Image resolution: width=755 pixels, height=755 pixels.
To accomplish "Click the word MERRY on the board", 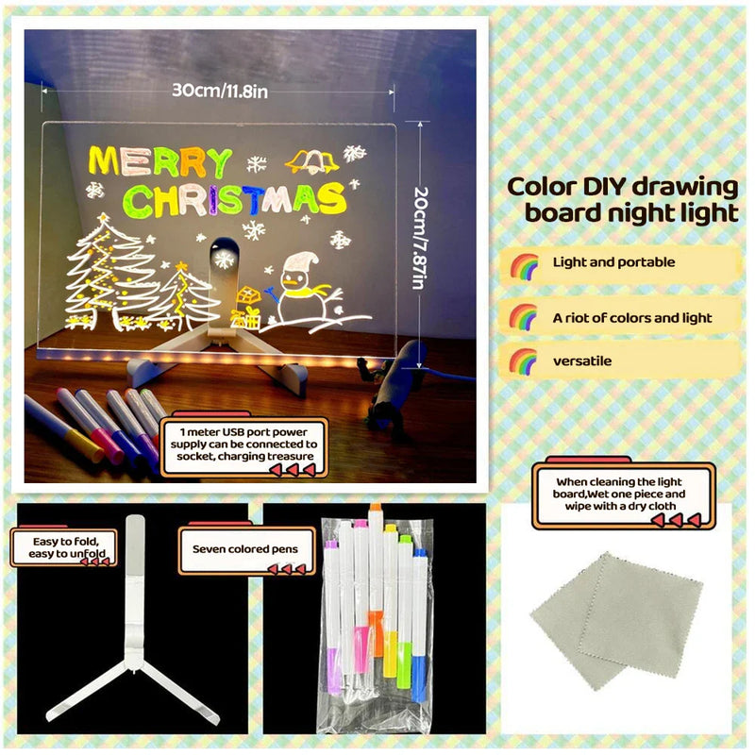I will tap(159, 161).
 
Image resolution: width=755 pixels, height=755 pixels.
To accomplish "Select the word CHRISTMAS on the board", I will tap(235, 199).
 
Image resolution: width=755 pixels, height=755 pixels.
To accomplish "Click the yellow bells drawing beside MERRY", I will tap(312, 161).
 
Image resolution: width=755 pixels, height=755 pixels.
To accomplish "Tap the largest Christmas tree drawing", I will tap(109, 274).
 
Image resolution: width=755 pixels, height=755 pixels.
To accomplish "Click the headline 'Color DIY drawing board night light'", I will tap(623, 199).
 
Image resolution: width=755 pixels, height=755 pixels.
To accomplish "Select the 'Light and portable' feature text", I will tap(613, 262).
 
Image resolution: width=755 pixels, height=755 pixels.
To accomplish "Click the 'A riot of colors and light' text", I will tap(632, 318).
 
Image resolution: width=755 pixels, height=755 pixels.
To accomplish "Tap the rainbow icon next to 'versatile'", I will tap(524, 361).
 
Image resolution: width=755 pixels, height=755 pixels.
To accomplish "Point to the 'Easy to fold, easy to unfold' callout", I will tap(63, 547).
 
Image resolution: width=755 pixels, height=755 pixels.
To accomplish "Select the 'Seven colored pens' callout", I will tap(245, 548).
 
